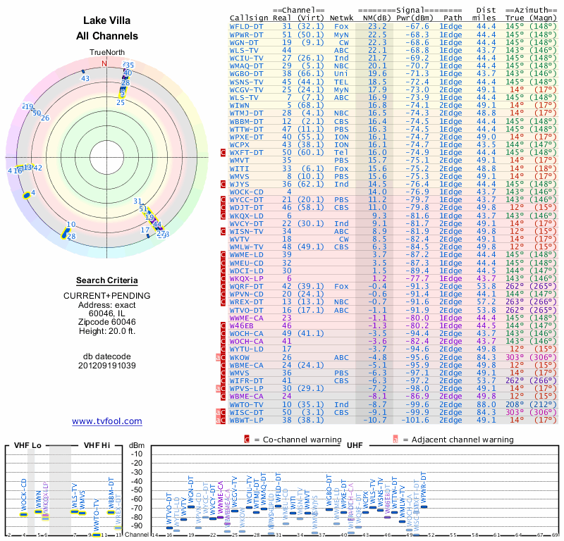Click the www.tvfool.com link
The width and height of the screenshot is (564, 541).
pyautogui.click(x=106, y=421)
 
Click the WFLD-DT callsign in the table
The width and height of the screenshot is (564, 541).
pyautogui.click(x=247, y=25)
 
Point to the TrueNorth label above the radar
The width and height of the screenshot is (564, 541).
pyautogui.click(x=106, y=53)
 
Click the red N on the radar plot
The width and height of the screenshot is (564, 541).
pyautogui.click(x=105, y=63)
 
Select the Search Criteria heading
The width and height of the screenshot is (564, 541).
pyautogui.click(x=106, y=280)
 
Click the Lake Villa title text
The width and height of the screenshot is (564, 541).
pyautogui.click(x=106, y=20)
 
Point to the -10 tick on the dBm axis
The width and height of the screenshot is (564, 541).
pyautogui.click(x=137, y=454)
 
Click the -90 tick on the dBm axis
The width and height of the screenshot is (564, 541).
pyautogui.click(x=137, y=526)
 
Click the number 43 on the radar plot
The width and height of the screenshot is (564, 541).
pyautogui.click(x=85, y=78)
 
